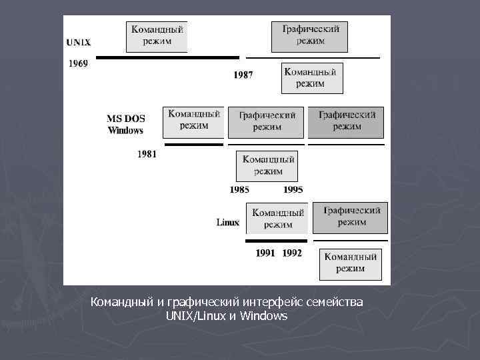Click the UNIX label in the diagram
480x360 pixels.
pyautogui.click(x=79, y=42)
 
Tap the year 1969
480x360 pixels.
pyautogui.click(x=78, y=64)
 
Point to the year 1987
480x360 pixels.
pyautogui.click(x=243, y=75)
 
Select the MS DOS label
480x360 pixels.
pyautogui.click(x=126, y=119)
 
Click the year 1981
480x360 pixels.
pyautogui.click(x=147, y=154)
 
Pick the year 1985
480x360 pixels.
pyautogui.click(x=239, y=189)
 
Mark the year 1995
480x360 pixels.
pyautogui.click(x=293, y=189)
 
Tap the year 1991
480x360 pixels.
pyautogui.click(x=265, y=253)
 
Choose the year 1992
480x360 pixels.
pyautogui.click(x=291, y=253)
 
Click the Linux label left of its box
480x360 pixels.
pyautogui.click(x=228, y=222)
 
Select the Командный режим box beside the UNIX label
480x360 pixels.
pyautogui.click(x=157, y=36)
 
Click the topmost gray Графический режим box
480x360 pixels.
pyautogui.click(x=309, y=36)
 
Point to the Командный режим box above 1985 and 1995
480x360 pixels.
pyautogui.click(x=267, y=165)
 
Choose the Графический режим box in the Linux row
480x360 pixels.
pyautogui.click(x=350, y=217)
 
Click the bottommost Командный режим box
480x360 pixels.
pyautogui.click(x=351, y=263)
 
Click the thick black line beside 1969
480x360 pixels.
pyautogui.click(x=167, y=58)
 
